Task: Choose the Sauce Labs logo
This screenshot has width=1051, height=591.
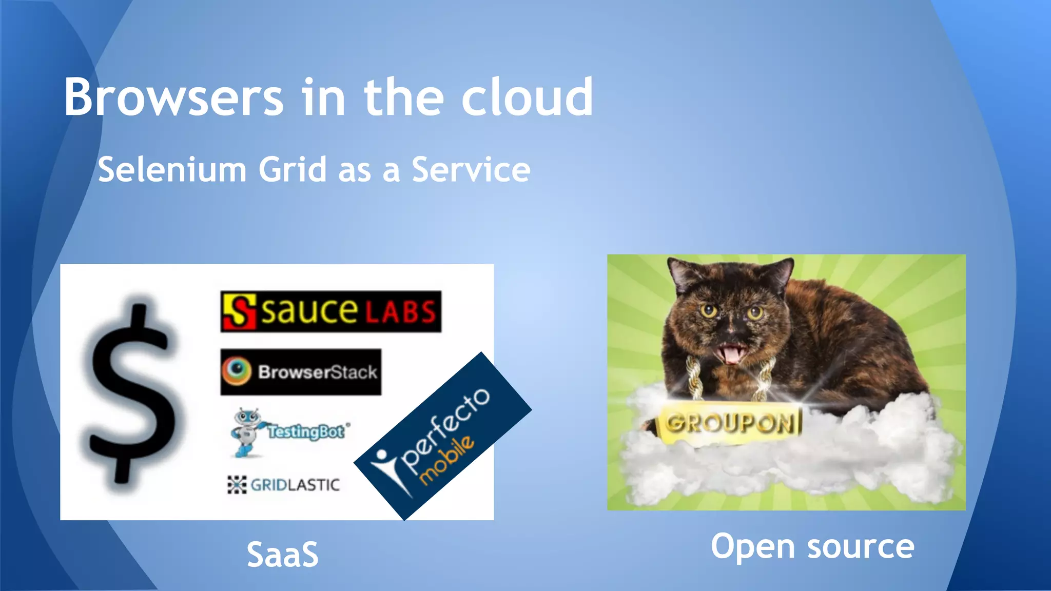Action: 330,311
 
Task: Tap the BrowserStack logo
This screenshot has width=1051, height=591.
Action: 301,372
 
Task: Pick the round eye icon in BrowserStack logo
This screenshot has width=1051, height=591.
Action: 237,370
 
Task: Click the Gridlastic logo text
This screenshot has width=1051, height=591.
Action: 295,485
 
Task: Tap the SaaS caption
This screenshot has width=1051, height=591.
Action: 282,555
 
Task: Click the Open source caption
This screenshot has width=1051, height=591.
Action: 812,546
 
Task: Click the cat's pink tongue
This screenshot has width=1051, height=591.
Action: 731,354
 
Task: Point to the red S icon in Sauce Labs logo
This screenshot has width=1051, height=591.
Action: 239,311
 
